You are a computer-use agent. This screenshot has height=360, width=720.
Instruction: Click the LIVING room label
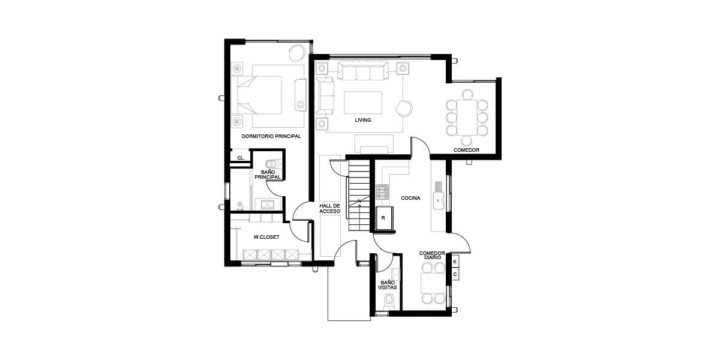[363, 120]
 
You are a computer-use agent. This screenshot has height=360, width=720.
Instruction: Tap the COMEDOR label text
[466, 150]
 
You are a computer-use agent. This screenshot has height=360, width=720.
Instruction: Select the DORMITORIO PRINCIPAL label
[271, 136]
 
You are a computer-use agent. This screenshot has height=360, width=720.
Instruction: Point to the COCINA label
[410, 198]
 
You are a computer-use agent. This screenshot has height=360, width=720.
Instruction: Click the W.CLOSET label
[266, 237]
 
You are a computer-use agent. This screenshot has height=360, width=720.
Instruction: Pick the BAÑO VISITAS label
[388, 285]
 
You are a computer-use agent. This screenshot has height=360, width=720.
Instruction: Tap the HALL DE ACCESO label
[330, 208]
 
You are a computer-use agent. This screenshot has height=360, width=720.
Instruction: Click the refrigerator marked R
[385, 218]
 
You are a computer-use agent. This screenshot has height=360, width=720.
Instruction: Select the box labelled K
[455, 262]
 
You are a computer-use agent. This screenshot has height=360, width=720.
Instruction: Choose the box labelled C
[455, 275]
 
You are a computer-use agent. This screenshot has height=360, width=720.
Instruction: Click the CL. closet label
[241, 158]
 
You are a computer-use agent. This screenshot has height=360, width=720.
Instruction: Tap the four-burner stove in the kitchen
[382, 192]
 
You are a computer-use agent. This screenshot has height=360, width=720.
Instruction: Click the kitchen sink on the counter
[439, 200]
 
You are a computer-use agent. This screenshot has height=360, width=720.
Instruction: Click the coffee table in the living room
[363, 103]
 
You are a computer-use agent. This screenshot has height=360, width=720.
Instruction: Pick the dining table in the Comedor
[467, 118]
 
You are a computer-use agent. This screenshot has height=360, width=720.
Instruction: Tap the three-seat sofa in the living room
[363, 71]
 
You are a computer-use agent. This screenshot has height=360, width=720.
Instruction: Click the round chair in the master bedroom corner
[296, 53]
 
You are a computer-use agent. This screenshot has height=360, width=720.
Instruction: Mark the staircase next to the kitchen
[359, 196]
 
